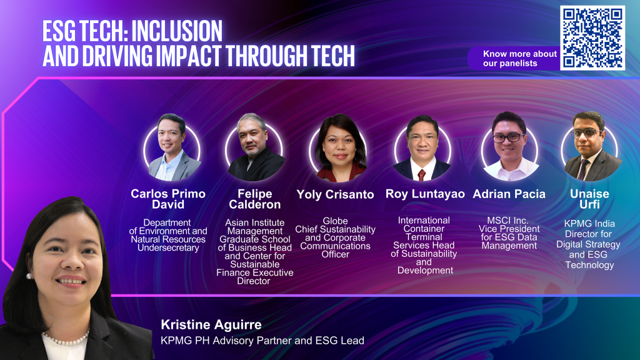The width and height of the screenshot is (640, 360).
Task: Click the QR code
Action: tap(592, 38)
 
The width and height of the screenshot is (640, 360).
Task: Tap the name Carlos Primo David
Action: tap(167, 199)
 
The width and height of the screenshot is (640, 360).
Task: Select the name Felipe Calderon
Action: tap(255, 199)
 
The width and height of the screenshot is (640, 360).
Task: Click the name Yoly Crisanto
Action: tap(335, 194)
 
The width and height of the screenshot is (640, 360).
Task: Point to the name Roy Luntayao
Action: tap(425, 194)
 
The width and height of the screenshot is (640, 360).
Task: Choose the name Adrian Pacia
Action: tap(509, 194)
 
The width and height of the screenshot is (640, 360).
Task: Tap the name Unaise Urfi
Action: tap(589, 199)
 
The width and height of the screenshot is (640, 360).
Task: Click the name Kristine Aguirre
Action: tap(211, 324)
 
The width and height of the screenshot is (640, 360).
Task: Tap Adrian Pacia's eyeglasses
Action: tap(508, 138)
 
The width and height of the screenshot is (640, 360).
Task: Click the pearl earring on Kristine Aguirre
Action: tap(29, 276)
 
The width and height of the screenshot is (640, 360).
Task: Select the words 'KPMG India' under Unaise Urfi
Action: tap(589, 224)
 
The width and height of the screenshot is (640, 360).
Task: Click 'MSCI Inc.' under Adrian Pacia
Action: tap(507, 221)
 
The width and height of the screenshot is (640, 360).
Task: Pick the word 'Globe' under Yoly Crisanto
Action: tap(335, 221)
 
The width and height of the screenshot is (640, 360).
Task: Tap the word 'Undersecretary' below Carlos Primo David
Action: tap(168, 247)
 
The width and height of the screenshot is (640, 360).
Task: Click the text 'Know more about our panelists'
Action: tap(519, 58)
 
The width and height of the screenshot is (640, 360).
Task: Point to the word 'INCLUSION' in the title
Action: tap(177, 31)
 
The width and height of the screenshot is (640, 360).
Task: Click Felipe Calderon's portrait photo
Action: tap(255, 147)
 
